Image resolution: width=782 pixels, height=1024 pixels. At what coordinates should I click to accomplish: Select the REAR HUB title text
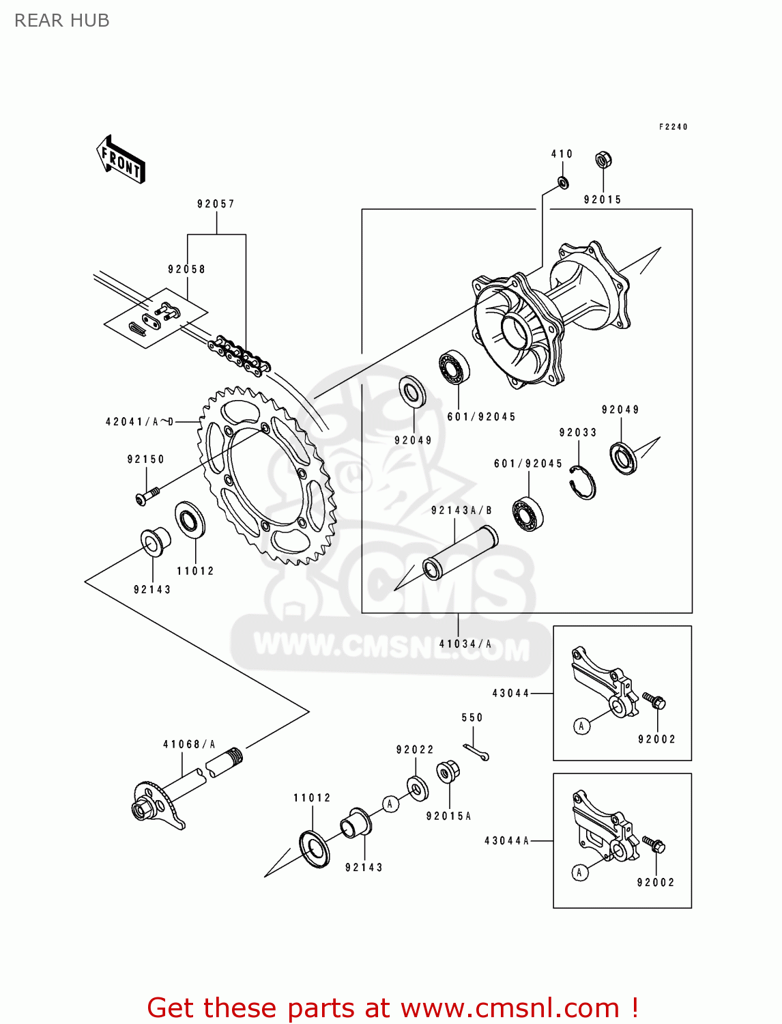[x=61, y=20]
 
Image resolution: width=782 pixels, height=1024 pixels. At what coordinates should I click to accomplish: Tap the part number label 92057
[x=216, y=203]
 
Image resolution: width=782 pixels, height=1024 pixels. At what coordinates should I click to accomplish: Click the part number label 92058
[x=186, y=269]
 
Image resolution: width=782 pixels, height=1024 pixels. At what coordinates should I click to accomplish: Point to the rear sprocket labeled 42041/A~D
[x=267, y=476]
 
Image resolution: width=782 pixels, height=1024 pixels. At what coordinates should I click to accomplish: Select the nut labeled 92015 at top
[x=603, y=160]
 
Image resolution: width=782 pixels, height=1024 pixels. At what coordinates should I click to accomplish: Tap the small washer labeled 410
[x=563, y=182]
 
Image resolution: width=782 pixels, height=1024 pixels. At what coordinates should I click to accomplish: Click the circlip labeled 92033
[x=583, y=482]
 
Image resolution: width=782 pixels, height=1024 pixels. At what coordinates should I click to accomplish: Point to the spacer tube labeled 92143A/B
[x=461, y=553]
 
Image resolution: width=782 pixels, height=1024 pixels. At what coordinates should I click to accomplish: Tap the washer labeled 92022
[x=417, y=787]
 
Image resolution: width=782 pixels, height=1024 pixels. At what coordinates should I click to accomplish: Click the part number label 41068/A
[x=189, y=744]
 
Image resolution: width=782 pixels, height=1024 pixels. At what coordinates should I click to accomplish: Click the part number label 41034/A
[x=465, y=644]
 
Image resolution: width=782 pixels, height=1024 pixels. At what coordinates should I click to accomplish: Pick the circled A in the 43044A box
[x=579, y=872]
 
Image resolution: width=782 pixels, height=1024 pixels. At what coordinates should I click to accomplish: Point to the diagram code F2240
[x=673, y=127]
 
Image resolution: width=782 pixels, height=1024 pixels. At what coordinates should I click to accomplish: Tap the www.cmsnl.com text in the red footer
[x=510, y=1008]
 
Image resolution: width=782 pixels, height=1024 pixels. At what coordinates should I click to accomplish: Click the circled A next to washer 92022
[x=390, y=803]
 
